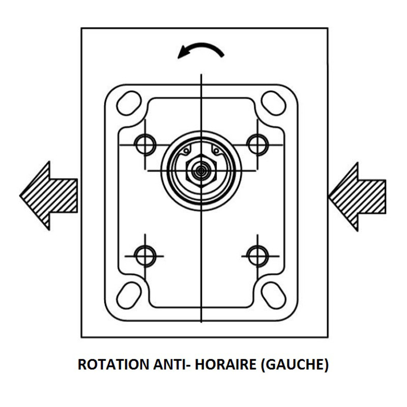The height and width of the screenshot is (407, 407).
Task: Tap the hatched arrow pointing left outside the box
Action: pos(49,196)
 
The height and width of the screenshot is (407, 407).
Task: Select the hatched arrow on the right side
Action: pos(357,197)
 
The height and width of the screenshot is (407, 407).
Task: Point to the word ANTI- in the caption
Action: pos(172,364)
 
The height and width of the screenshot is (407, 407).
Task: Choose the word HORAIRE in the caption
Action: pos(225,364)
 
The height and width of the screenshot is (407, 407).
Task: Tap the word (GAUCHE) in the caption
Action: pos(295,365)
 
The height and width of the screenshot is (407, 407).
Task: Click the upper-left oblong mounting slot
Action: pos(129,103)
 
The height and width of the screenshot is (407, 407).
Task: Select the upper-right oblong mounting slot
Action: pos(273,103)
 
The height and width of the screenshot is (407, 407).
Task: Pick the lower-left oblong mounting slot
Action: pos(129,296)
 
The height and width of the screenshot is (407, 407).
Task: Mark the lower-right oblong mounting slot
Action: pos(274,296)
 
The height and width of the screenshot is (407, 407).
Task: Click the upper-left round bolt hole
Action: pos(145,144)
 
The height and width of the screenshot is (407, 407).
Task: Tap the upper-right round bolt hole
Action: pos(257,144)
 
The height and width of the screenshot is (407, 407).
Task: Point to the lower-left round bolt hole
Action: pos(145,256)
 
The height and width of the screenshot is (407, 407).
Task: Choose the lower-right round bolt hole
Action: pos(257,256)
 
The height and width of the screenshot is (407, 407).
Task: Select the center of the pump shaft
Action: pos(201,170)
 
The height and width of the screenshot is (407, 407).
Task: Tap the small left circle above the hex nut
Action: pos(186,151)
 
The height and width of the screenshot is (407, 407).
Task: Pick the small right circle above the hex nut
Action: pos(216,151)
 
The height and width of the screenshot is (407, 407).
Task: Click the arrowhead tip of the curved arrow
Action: pos(178,58)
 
